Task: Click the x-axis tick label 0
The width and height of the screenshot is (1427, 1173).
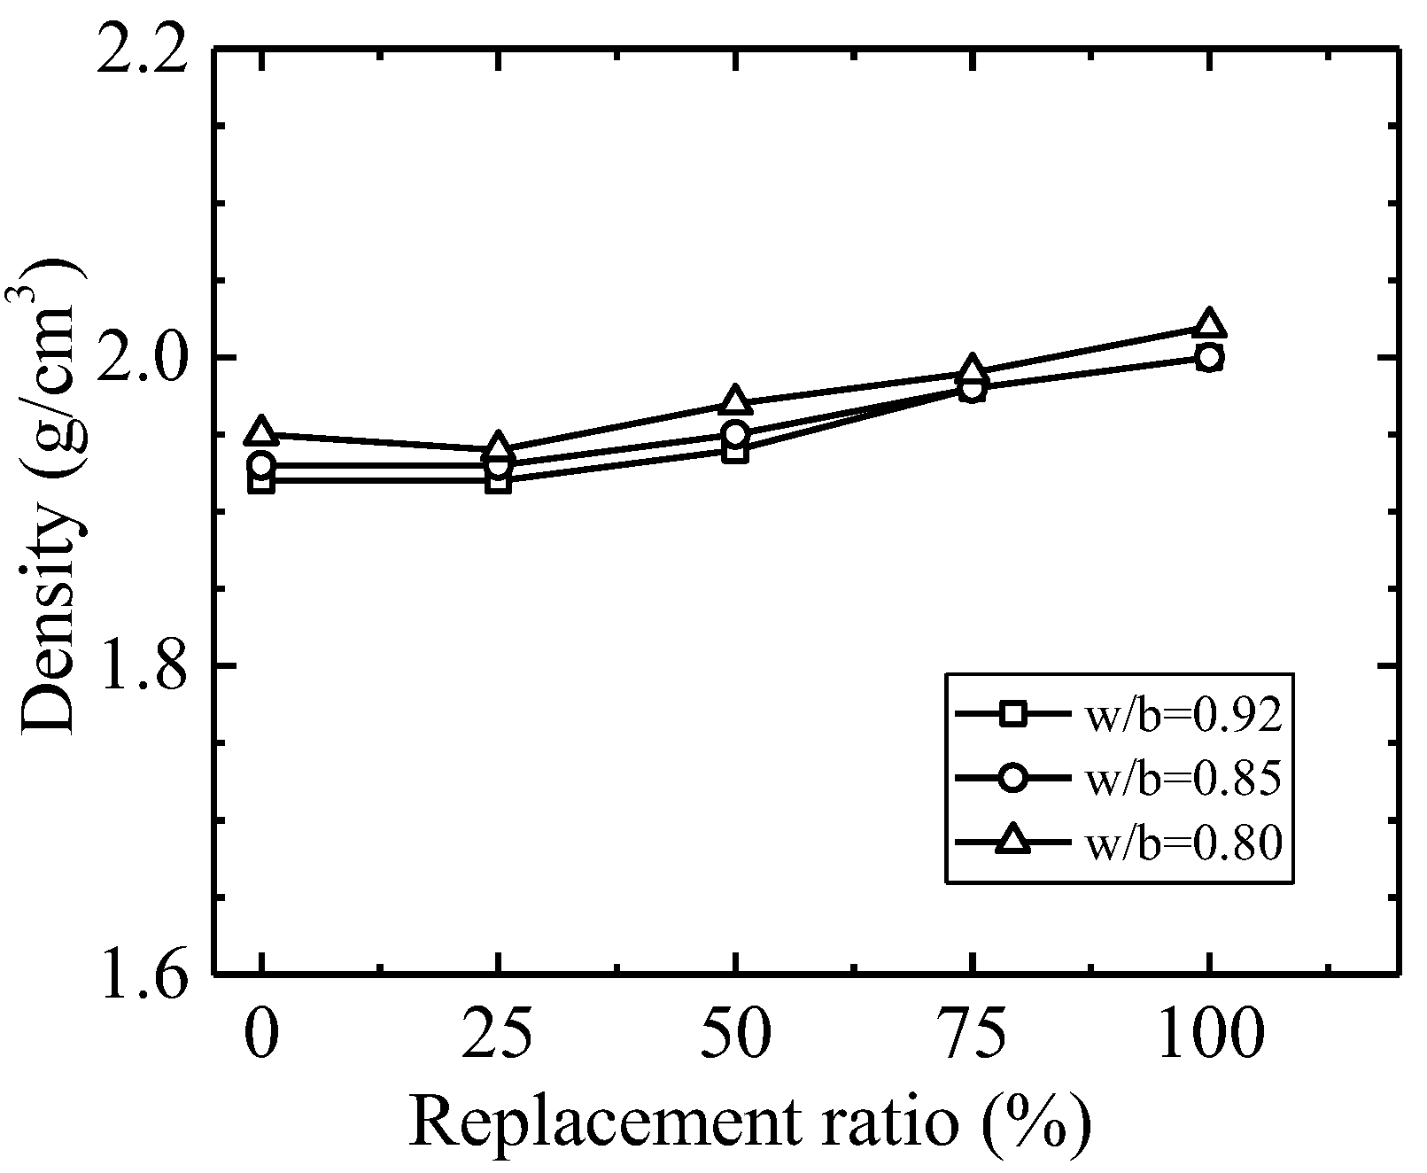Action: point(261,1034)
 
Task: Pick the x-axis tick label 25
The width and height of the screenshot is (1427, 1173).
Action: point(499,1034)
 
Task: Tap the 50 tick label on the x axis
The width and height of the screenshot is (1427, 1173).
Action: point(735,1034)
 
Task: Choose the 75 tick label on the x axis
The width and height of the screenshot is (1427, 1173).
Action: point(972,1034)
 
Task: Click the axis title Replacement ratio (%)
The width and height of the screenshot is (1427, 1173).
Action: point(748,1123)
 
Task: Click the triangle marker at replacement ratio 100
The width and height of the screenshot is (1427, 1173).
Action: point(1209,325)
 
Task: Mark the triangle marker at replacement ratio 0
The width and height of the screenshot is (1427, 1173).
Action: point(261,432)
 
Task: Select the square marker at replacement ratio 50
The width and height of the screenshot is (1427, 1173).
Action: point(735,451)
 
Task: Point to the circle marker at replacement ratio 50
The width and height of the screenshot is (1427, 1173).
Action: point(735,434)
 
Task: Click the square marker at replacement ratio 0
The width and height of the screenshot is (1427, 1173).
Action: point(261,482)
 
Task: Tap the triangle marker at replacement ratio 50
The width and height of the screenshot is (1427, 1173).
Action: point(735,401)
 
